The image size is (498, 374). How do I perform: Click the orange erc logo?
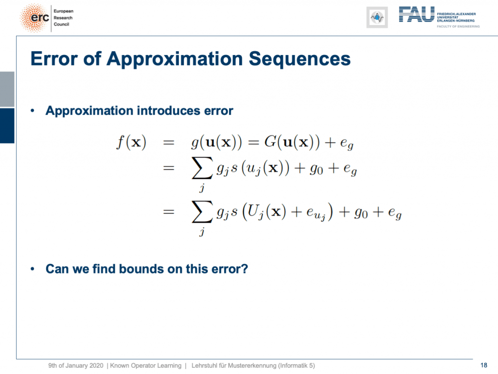(35, 18)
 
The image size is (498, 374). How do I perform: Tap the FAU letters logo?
(416, 14)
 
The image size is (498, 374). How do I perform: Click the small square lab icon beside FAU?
(377, 17)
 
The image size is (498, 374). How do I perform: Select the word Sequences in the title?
(300, 59)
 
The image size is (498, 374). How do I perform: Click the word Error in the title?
(54, 59)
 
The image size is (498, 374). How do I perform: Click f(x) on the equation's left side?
(131, 142)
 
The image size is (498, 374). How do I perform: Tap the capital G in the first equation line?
(270, 142)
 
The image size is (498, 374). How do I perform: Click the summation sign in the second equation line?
(202, 168)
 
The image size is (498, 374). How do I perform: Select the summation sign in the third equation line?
(202, 211)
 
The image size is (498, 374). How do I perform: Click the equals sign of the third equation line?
(169, 211)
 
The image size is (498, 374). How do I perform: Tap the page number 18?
(484, 365)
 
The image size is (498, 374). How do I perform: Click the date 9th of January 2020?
(76, 365)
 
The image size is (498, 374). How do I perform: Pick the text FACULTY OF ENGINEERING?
(458, 26)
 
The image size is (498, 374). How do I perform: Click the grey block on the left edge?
(7, 89)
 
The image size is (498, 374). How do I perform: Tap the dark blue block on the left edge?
(7, 126)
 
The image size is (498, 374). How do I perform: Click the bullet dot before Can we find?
(33, 269)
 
